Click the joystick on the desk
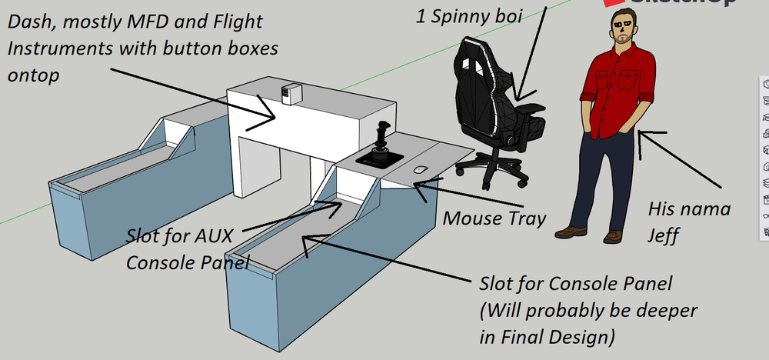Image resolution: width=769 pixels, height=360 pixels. pos(380,146)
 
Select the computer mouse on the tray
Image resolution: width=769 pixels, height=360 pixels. pos(420,169)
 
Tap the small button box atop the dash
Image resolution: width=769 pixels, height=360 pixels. pos(290,93)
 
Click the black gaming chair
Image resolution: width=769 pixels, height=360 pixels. pos(492,100)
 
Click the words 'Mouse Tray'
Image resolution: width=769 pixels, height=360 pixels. pos(494,218)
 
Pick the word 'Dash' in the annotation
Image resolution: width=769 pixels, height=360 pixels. pos(28,22)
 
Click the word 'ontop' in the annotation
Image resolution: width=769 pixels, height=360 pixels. pos(32,76)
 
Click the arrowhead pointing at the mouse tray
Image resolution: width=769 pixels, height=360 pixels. pos(416,185)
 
